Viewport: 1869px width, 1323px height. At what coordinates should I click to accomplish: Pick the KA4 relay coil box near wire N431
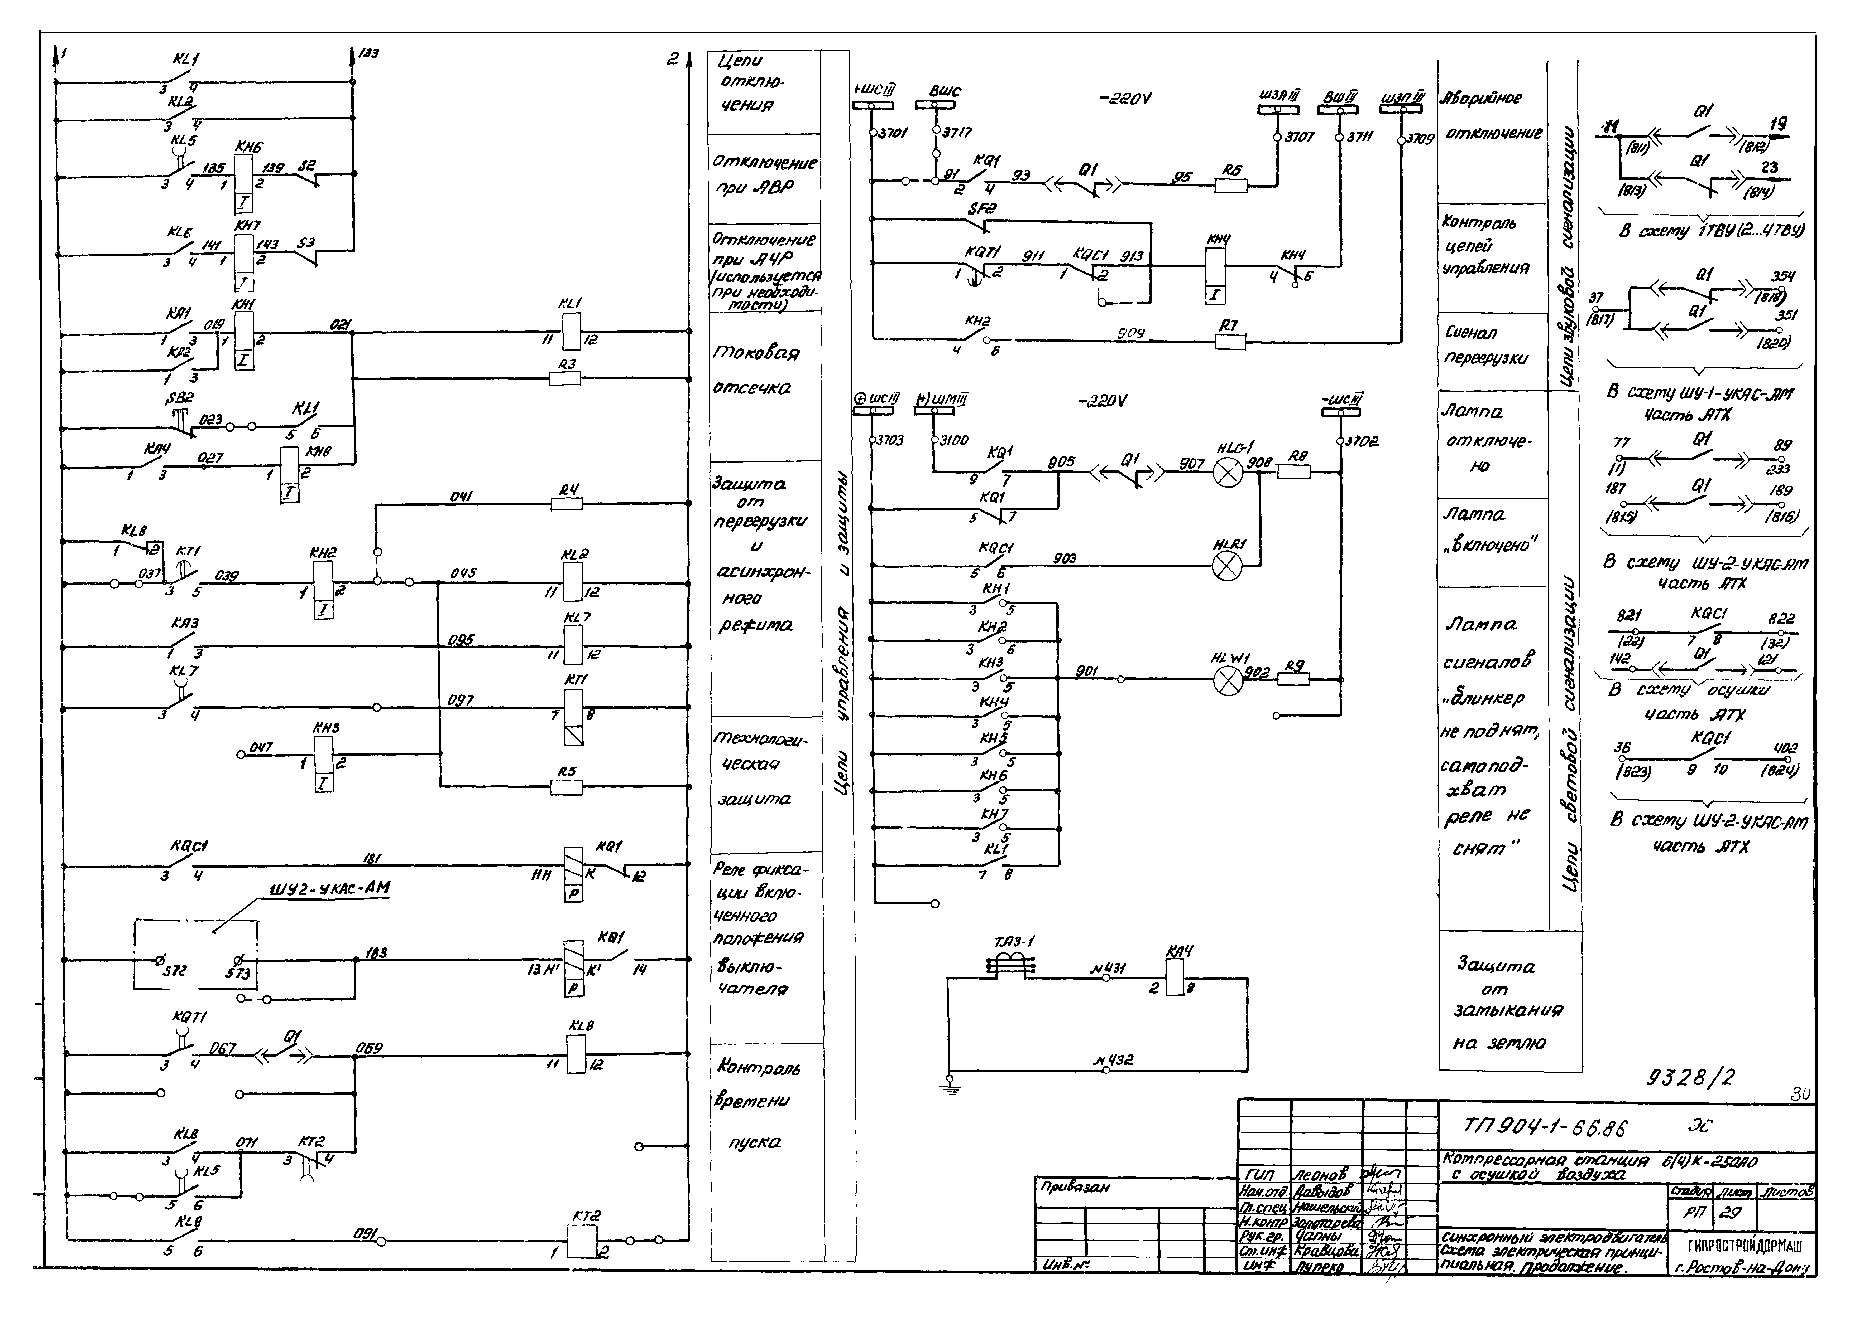click(x=1175, y=977)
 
